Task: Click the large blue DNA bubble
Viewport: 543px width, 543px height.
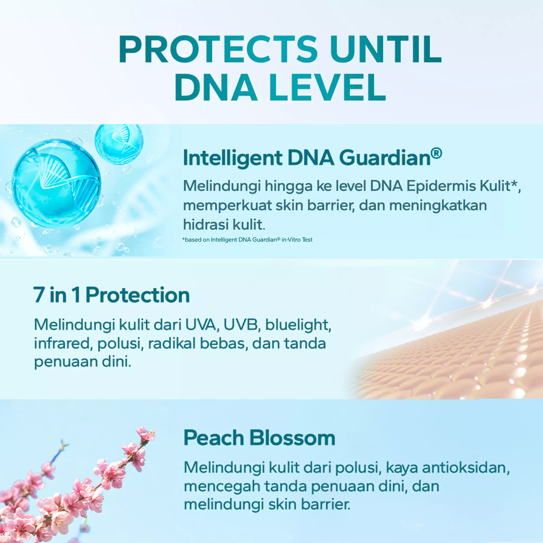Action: [56, 184]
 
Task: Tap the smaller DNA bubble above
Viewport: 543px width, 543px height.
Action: [119, 144]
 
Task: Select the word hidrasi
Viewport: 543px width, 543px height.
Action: [206, 224]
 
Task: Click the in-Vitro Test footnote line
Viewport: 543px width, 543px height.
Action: [247, 240]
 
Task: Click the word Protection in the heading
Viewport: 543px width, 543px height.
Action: [138, 295]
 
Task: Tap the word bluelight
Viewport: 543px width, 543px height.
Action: [298, 325]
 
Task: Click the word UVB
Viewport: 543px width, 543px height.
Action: [241, 325]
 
